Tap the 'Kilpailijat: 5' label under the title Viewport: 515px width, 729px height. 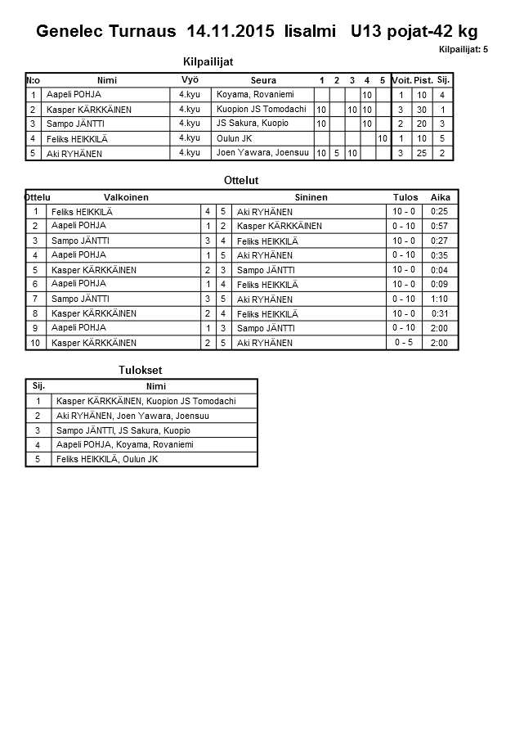pos(463,50)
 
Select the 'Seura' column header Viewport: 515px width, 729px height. pos(263,80)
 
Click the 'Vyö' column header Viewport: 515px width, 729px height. pos(190,79)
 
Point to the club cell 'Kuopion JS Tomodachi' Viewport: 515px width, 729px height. pos(261,110)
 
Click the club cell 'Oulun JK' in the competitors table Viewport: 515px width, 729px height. pos(234,139)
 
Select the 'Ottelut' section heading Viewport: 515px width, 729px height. pos(241,180)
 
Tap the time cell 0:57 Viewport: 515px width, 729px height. pos(440,226)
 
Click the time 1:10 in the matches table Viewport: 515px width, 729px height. pos(440,299)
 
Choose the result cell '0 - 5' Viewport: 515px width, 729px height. pos(404,343)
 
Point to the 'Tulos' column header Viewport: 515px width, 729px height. pos(405,197)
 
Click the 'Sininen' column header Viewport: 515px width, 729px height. pos(311,197)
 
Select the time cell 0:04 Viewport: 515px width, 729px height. pos(440,270)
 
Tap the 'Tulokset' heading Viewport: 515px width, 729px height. pos(141,371)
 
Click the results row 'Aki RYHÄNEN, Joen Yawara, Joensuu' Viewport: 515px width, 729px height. pos(132,416)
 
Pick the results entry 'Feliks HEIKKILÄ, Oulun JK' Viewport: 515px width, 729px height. pos(107,460)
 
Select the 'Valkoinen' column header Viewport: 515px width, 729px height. pos(126,197)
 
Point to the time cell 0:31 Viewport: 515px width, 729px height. pos(440,314)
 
